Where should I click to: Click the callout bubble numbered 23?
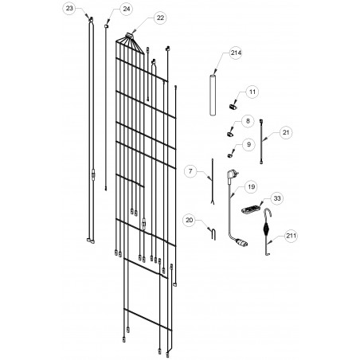pos(69,8)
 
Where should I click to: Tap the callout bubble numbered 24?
pos(126,9)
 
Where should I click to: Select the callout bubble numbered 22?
pos(160,18)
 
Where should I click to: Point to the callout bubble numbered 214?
pos(236,53)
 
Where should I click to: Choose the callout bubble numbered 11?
pos(252,92)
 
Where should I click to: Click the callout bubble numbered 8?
pos(248,121)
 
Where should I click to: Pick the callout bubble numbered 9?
pos(248,144)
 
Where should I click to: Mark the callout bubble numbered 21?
pos(286,132)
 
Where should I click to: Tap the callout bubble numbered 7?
pos(190,171)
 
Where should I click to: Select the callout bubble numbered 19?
pos(251,187)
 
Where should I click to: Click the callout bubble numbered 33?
pos(277,198)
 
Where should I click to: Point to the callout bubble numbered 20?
pos(190,221)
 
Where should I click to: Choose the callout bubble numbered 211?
pos(291,236)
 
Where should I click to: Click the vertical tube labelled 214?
pos(213,96)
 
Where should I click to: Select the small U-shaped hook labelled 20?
pos(213,233)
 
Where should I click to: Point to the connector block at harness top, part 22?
pos(130,34)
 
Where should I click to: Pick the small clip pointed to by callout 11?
pos(233,107)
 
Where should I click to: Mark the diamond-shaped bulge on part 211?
pos(267,229)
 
